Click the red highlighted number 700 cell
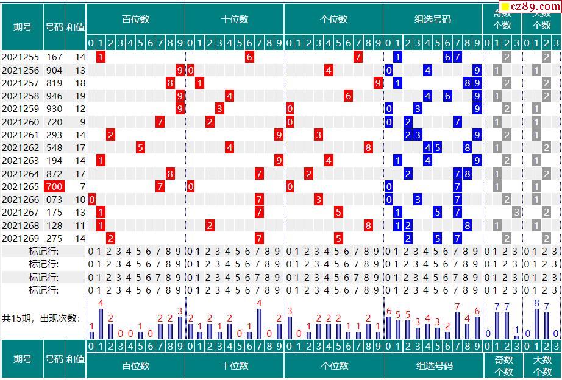(x=54, y=186)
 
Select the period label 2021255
(x=20, y=57)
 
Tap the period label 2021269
(x=20, y=238)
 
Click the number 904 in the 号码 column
(x=54, y=70)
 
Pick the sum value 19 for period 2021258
(x=80, y=96)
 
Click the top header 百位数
(x=135, y=19)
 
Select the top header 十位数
(x=235, y=19)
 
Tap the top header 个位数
(x=333, y=19)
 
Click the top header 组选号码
(x=433, y=19)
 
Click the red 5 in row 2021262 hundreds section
(x=140, y=147)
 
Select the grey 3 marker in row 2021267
(x=516, y=212)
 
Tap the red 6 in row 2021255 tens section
(x=249, y=57)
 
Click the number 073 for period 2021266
(x=54, y=199)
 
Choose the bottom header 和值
(x=76, y=359)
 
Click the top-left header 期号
(x=22, y=27)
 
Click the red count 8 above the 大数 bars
(x=536, y=303)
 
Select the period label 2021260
(x=20, y=122)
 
